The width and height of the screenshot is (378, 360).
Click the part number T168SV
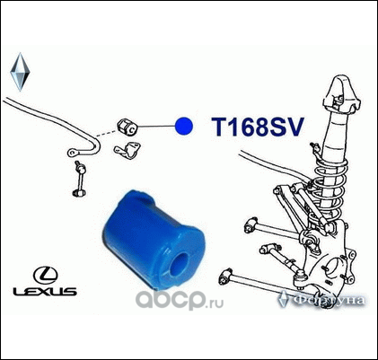(x=258, y=127)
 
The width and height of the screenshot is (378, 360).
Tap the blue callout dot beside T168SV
(x=184, y=126)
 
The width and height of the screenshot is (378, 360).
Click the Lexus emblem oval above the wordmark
(x=46, y=276)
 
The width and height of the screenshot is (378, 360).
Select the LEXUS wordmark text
(x=45, y=291)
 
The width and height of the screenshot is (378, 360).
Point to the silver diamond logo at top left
(x=20, y=72)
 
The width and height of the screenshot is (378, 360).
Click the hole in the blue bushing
(x=180, y=264)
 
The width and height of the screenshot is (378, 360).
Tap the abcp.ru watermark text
(x=180, y=300)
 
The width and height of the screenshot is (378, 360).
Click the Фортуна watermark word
(x=329, y=300)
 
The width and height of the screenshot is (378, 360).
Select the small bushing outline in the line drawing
(x=127, y=127)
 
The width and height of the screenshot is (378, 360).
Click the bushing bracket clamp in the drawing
(x=128, y=150)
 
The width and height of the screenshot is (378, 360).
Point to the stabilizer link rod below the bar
(x=79, y=180)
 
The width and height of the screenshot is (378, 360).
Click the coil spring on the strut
(x=329, y=187)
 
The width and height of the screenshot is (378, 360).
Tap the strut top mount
(x=340, y=93)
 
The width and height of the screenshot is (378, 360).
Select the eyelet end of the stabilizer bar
(x=73, y=153)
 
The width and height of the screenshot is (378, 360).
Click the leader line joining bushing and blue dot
(x=156, y=126)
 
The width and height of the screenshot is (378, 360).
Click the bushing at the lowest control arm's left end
(x=226, y=277)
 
